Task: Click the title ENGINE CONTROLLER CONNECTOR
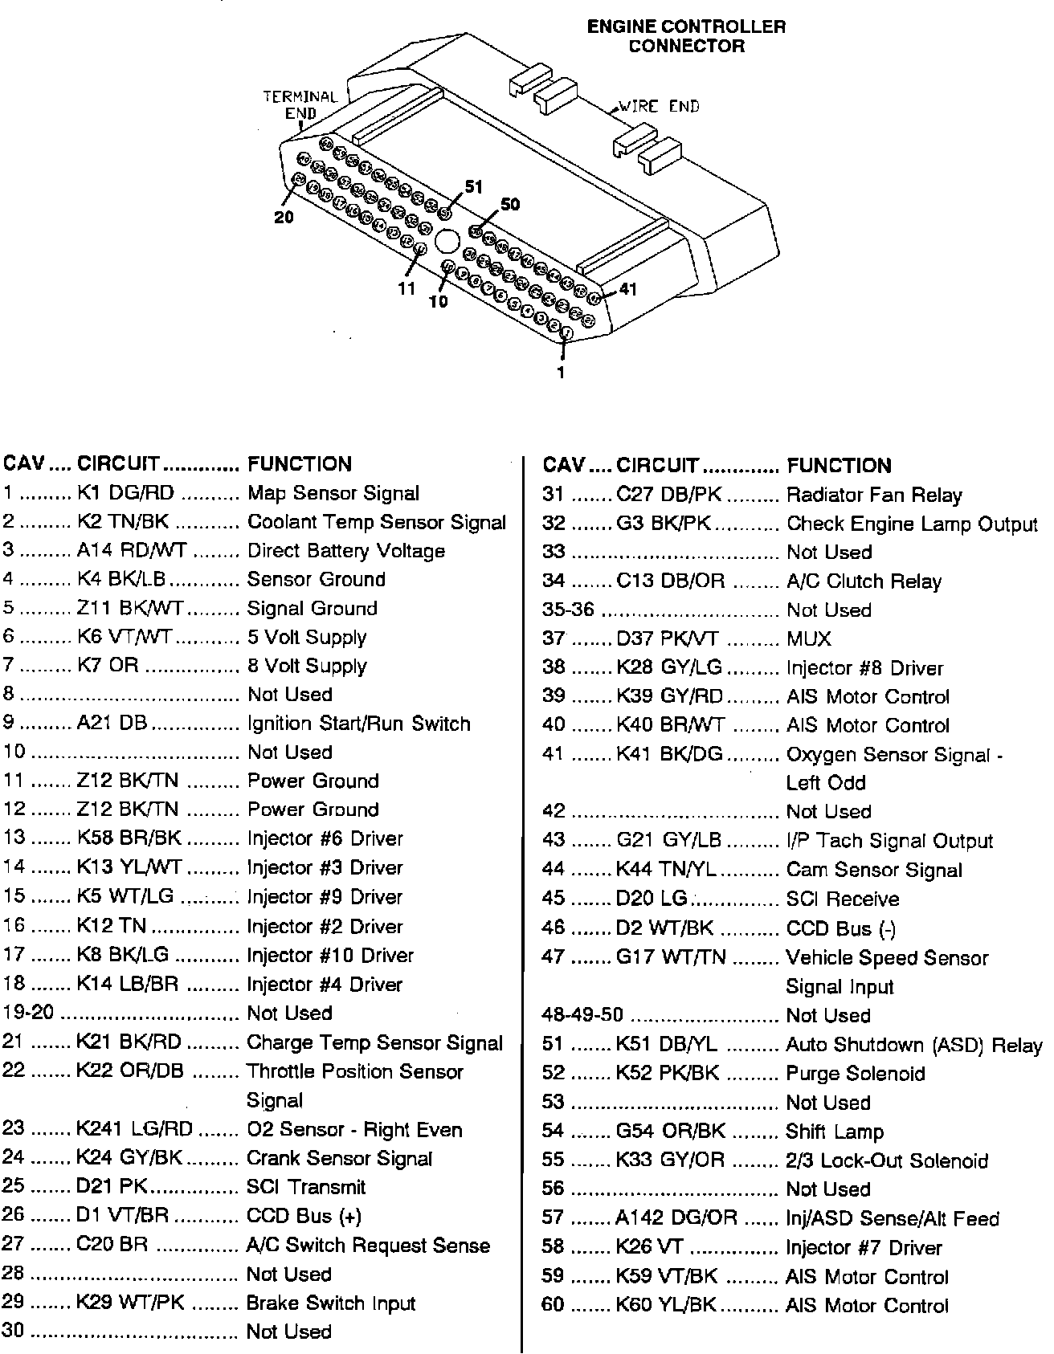[686, 36]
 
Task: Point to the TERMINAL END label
[300, 104]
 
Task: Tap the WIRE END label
[658, 106]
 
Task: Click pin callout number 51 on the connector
[474, 187]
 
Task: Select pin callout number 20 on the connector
[284, 217]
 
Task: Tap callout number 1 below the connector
[561, 372]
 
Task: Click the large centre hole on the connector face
[446, 241]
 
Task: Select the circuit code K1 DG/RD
[125, 493]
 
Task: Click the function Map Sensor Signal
[333, 493]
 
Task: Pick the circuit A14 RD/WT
[132, 551]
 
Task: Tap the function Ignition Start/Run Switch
[358, 724]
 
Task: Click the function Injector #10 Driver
[330, 956]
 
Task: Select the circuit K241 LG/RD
[134, 1129]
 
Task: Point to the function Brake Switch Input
[331, 1303]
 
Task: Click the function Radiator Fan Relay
[874, 496]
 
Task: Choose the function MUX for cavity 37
[809, 639]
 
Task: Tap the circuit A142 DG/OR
[676, 1218]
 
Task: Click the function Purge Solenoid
[856, 1074]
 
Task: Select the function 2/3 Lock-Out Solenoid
[887, 1160]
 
